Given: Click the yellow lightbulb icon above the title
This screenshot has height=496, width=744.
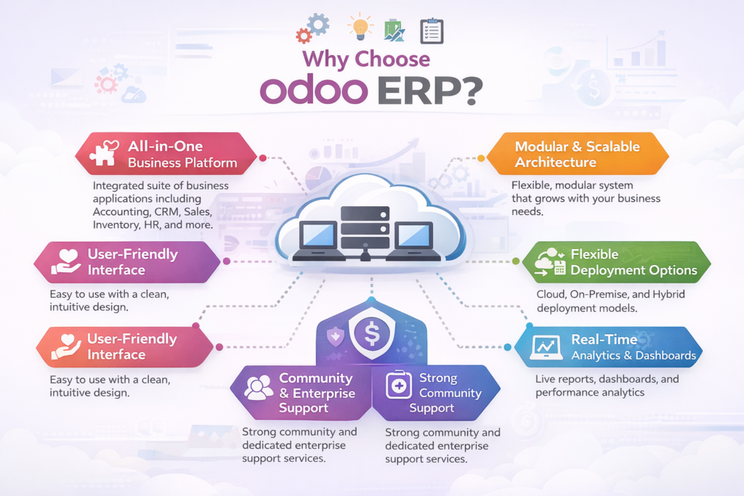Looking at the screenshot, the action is pyautogui.click(x=360, y=27).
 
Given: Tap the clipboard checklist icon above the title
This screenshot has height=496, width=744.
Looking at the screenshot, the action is pyautogui.click(x=432, y=31).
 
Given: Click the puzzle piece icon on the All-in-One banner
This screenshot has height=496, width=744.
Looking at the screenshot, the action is pyautogui.click(x=105, y=153).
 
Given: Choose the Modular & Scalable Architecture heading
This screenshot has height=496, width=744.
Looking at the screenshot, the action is pyautogui.click(x=578, y=154).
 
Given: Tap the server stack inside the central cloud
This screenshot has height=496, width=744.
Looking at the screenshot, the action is pyautogui.click(x=365, y=227).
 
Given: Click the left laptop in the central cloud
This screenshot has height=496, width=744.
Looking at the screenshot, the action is pyautogui.click(x=319, y=241).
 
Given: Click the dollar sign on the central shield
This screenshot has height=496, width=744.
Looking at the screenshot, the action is pyautogui.click(x=371, y=333).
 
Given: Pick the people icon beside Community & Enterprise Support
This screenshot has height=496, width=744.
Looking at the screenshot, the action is pyautogui.click(x=258, y=387).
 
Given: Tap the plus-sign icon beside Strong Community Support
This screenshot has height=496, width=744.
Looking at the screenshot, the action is pyautogui.click(x=399, y=385).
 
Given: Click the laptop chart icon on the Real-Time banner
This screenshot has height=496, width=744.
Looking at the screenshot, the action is pyautogui.click(x=546, y=348).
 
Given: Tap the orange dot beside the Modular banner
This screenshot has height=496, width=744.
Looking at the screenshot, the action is pyautogui.click(x=481, y=158).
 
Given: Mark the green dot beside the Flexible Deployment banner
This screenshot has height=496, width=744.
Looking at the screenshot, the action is pyautogui.click(x=516, y=261).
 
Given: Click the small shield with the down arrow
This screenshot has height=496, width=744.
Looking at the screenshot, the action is pyautogui.click(x=336, y=336).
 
